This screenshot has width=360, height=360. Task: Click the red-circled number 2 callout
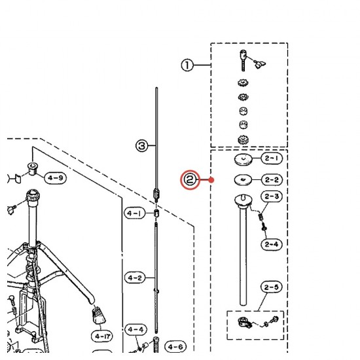(190, 180)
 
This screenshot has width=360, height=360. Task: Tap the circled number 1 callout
(187, 65)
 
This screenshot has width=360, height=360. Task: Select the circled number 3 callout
(141, 146)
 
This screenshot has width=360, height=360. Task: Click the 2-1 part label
(272, 158)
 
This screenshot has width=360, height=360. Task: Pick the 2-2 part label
(272, 179)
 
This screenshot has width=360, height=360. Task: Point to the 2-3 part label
(272, 196)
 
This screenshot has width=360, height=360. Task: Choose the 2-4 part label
(272, 244)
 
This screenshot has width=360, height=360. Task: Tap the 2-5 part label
(271, 287)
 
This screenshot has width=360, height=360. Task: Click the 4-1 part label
(135, 213)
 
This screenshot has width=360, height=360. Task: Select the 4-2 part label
(135, 278)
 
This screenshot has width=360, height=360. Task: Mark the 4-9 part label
(56, 178)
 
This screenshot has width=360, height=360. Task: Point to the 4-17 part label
(103, 336)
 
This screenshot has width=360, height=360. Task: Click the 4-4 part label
(135, 330)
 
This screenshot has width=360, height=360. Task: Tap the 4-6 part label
(175, 346)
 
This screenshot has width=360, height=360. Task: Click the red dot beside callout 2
(211, 180)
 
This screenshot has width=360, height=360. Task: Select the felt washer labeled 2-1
(243, 159)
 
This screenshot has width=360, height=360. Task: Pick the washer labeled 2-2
(243, 180)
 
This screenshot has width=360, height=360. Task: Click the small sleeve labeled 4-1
(156, 213)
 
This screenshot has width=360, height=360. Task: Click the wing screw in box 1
(260, 64)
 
